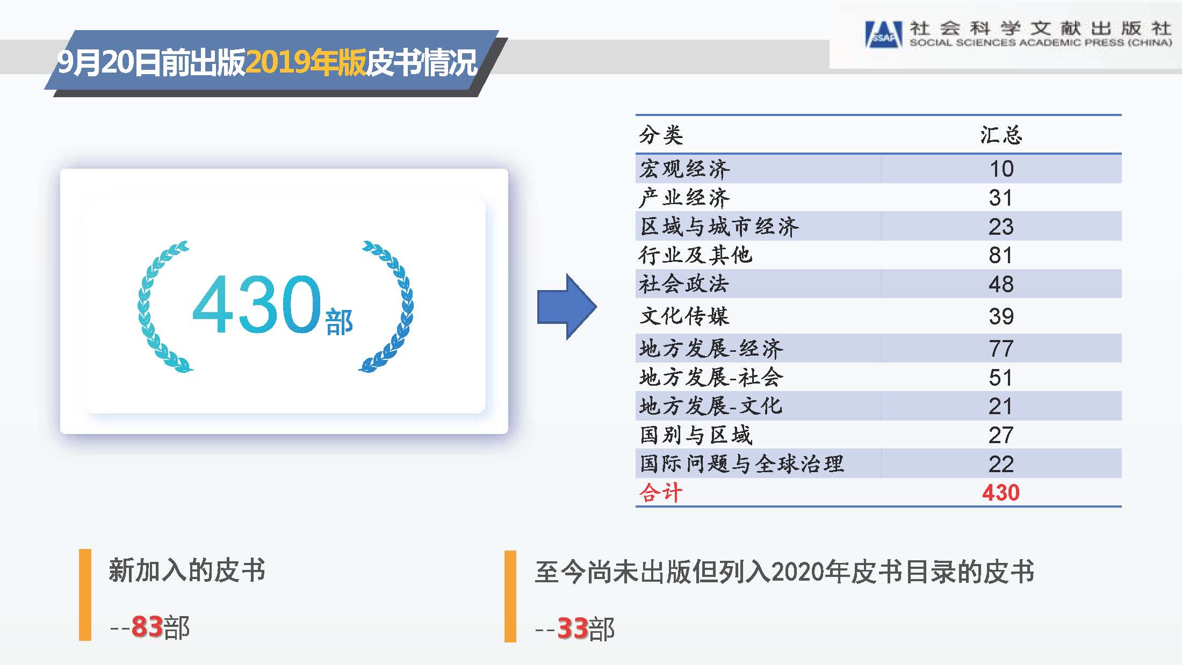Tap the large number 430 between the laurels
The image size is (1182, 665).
tap(257, 304)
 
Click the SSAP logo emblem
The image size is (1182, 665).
tap(883, 34)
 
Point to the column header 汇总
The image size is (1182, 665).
tap(1001, 135)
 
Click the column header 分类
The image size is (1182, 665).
tap(661, 135)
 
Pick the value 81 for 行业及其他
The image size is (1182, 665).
tap(1000, 255)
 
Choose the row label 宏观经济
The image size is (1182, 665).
tap(684, 169)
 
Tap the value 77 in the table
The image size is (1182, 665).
tap(1001, 349)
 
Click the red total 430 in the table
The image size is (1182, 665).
tap(1000, 493)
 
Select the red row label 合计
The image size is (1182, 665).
tap(661, 493)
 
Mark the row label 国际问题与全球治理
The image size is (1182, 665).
tap(741, 464)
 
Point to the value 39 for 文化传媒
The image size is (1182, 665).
tap(1001, 316)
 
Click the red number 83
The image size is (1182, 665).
tap(147, 626)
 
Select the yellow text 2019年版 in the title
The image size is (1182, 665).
tap(306, 62)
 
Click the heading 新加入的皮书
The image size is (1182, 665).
tap(187, 570)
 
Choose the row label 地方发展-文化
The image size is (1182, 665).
tap(711, 406)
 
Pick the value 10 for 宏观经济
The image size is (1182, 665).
tap(1001, 169)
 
